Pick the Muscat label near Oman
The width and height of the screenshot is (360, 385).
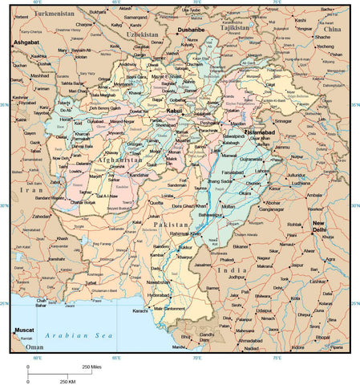pos(23,330)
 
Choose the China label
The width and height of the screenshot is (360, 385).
pos(333,29)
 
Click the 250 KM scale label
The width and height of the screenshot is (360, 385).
pos(68,380)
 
